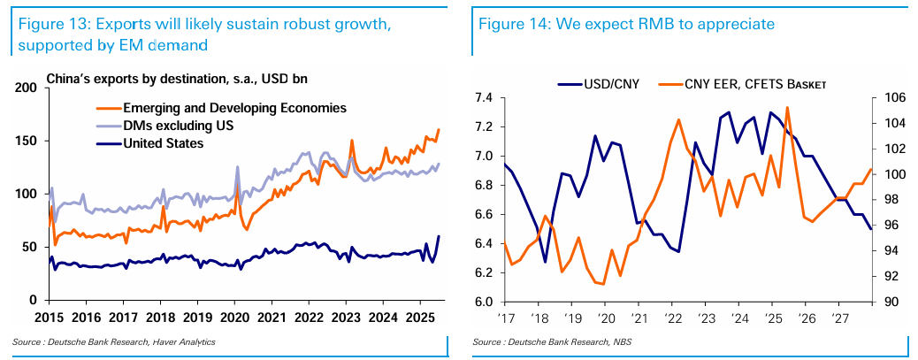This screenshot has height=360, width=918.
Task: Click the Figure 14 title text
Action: [626, 24]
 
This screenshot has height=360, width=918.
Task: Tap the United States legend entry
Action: [164, 143]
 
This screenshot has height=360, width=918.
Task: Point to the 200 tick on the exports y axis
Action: [26, 88]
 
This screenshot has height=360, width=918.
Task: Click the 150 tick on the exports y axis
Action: [26, 142]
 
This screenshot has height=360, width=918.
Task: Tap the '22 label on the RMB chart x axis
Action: [672, 317]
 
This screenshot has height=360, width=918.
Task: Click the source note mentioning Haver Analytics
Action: [114, 341]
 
